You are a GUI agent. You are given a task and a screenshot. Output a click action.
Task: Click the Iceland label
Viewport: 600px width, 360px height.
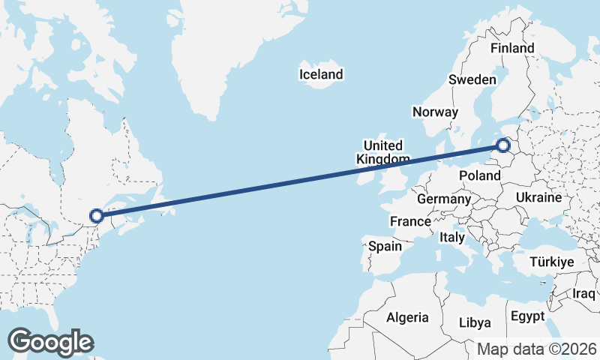(320, 74)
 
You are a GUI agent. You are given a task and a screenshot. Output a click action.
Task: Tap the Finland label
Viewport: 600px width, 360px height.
(512, 48)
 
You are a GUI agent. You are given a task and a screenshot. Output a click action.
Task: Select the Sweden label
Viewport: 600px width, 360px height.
(472, 80)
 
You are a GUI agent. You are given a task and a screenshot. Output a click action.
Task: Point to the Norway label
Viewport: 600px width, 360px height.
(435, 112)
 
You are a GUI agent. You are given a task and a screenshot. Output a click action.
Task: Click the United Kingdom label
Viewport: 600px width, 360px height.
(382, 152)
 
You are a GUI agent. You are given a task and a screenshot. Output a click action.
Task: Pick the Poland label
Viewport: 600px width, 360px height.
(480, 175)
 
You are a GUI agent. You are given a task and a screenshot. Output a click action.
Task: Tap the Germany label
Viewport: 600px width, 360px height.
(444, 199)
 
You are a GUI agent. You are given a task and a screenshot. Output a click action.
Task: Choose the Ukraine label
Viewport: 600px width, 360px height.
(538, 198)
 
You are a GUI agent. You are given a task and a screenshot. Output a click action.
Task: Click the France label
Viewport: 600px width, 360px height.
(410, 222)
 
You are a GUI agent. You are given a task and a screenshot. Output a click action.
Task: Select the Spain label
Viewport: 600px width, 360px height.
(385, 246)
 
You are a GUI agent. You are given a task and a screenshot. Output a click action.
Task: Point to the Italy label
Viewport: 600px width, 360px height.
(452, 237)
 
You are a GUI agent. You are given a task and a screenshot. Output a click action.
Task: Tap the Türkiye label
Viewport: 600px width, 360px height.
(551, 262)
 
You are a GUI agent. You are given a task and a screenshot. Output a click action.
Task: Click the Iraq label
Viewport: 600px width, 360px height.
(583, 292)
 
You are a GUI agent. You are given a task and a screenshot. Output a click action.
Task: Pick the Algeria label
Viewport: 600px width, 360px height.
(407, 317)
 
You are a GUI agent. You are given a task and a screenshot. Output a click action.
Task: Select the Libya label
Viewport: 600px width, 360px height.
(475, 322)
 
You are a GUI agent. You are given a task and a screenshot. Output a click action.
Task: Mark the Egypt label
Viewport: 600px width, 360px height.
(527, 316)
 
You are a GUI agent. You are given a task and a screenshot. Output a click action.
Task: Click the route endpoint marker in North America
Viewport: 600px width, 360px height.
(97, 217)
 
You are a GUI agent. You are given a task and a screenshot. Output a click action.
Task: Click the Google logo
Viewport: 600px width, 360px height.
(49, 342)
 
